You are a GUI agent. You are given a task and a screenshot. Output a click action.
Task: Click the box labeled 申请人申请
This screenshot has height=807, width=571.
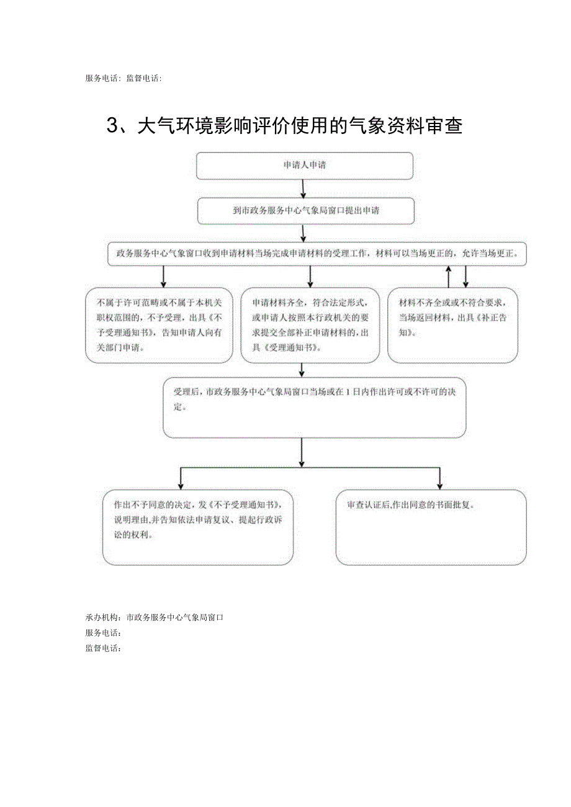305,166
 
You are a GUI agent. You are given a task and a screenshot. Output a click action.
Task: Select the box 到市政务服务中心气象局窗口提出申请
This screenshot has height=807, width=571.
306,211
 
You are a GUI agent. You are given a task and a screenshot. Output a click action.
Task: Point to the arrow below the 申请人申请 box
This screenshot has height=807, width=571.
303,188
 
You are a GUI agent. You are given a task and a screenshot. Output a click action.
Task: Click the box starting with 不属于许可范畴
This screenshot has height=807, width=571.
159,325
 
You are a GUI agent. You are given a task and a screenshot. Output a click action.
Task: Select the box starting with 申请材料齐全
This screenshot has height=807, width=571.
310,325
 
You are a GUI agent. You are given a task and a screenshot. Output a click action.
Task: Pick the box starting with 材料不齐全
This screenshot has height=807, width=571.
452,325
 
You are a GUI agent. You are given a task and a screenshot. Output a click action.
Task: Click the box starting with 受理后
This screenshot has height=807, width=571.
314,407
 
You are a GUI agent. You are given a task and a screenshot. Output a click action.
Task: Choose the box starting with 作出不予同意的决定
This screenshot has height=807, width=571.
197,527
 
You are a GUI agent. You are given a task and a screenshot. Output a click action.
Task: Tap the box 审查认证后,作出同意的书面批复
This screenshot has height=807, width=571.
431,527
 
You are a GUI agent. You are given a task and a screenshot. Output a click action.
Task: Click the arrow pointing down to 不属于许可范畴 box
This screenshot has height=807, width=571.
163,277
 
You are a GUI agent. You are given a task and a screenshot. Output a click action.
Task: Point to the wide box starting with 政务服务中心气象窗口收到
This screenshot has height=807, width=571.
317,254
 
